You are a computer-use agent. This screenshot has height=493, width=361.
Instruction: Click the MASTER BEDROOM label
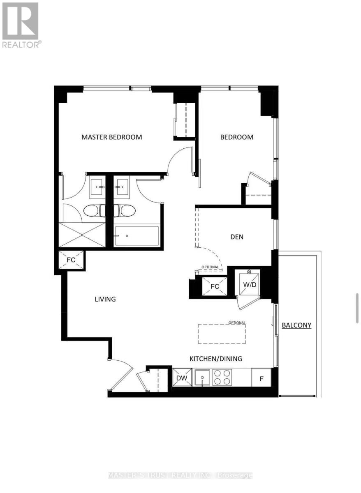tap(111, 137)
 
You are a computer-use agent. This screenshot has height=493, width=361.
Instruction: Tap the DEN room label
tap(237, 237)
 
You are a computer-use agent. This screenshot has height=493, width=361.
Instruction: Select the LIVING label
tap(105, 299)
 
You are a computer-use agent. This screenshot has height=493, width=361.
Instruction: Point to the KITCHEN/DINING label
tap(215, 359)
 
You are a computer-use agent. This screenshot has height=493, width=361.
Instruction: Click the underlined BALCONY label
tap(296, 325)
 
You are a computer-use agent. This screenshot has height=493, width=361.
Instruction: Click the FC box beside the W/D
tap(214, 286)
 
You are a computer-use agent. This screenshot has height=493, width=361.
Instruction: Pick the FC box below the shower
tap(71, 260)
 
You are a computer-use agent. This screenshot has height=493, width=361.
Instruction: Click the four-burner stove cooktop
tap(222, 377)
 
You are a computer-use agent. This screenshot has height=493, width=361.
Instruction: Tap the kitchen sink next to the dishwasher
tap(202, 377)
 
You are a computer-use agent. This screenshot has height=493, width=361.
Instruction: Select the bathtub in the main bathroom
tap(137, 236)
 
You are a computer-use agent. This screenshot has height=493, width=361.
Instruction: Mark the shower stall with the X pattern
tap(82, 235)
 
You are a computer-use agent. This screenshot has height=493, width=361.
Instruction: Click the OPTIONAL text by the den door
tap(210, 267)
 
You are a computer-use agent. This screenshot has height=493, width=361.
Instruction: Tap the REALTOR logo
tap(21, 25)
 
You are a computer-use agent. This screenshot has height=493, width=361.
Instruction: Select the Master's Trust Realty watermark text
tap(180, 475)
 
